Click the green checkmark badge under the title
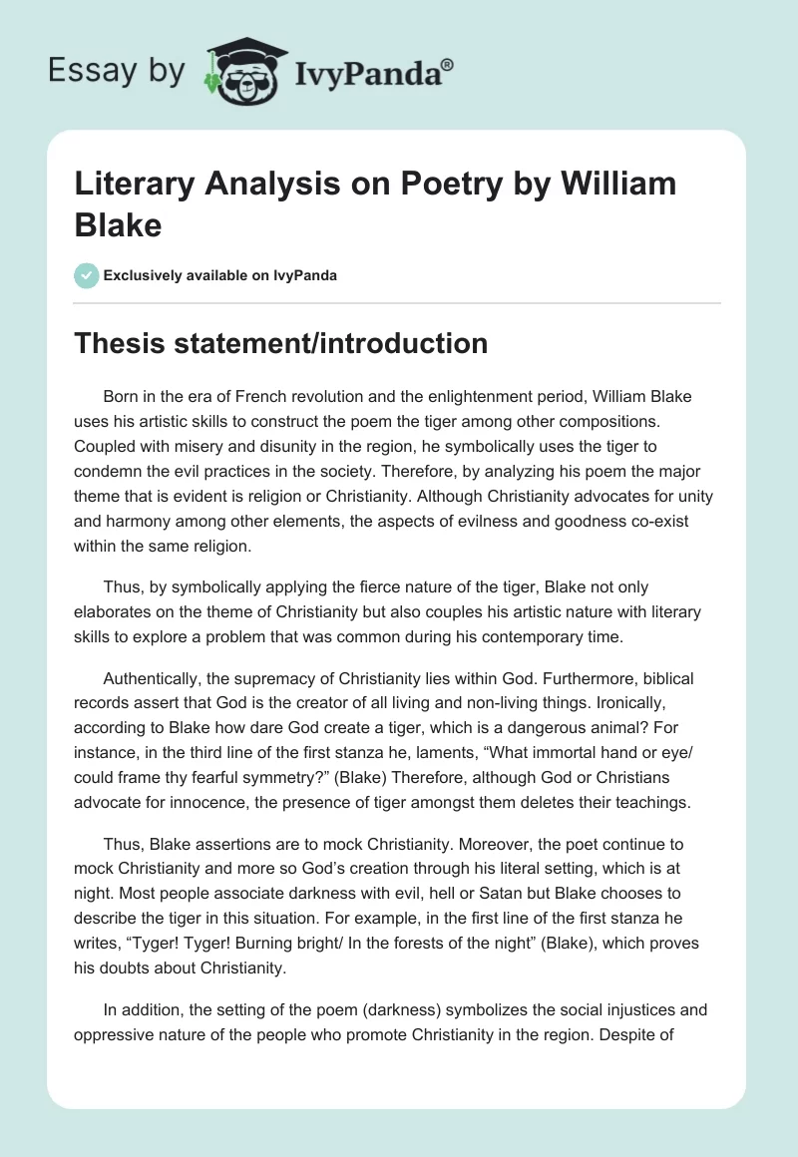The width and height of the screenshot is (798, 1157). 86,275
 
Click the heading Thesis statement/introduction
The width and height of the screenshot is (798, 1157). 281,344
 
